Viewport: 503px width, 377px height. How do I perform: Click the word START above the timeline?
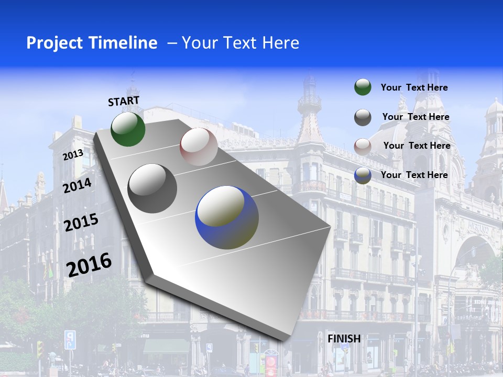124,101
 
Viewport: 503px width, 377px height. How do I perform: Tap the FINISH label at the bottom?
344,339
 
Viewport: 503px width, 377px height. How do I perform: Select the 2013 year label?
73,155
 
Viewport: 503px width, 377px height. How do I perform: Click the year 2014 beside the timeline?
77,185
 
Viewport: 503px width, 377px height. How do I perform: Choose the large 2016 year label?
89,264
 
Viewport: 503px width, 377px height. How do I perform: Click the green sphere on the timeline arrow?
128,129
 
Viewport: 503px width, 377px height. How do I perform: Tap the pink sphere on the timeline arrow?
199,147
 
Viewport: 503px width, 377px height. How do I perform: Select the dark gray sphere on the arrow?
152,188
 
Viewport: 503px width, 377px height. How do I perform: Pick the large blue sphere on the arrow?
227,217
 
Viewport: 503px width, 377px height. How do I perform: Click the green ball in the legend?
363,87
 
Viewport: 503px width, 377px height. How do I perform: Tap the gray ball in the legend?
363,117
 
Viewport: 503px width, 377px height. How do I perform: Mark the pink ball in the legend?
363,147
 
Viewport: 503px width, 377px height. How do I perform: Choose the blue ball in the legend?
363,175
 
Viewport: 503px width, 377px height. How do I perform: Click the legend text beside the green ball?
414,87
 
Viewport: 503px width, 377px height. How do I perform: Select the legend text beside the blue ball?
414,175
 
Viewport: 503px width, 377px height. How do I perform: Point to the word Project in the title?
50,43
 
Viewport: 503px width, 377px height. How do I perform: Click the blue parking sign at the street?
70,339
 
